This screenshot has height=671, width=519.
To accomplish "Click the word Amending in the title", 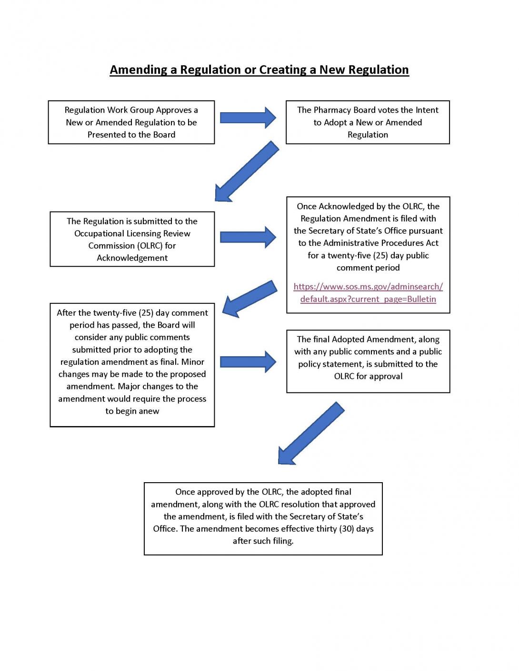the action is pos(139,70).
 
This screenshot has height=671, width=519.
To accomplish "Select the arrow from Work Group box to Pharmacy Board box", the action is pos(248,117).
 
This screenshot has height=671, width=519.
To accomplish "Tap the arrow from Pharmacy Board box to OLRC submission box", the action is pos(247,171).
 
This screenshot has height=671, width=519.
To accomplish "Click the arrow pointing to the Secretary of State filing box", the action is pos(248,237).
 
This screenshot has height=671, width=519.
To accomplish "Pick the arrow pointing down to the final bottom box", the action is pos(311,433).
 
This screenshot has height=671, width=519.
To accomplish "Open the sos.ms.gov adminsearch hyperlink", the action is pos(368,293).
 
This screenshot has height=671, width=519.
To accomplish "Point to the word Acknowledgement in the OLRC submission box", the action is pos(132,258).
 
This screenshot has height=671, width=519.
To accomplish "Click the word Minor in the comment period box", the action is pos(193,362).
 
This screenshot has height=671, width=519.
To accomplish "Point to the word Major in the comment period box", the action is pos(130,386).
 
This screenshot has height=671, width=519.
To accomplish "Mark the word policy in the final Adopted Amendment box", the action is pos(308,364).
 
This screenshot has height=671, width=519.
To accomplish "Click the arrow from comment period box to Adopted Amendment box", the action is pos(248,361).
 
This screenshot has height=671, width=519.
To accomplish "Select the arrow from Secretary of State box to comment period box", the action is pos(250,299).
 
